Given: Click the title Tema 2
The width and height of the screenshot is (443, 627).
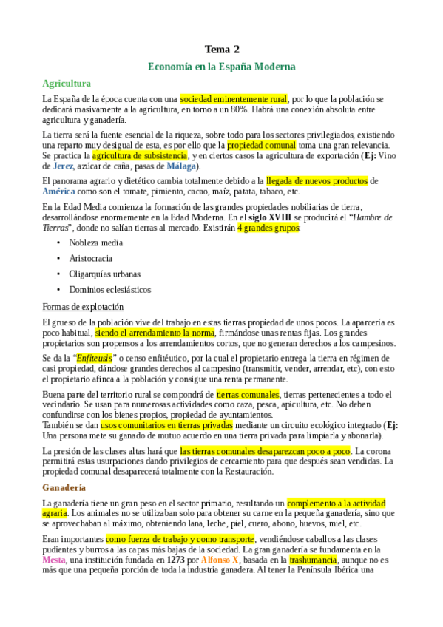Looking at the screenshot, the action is pos(222,50).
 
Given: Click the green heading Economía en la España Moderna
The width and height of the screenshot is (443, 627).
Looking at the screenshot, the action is pos(222,67).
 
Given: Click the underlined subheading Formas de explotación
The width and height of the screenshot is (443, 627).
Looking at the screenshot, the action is pos(83,306).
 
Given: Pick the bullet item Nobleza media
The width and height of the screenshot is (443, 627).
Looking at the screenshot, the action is pos(96,242).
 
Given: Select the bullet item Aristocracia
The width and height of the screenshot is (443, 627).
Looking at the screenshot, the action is pos(91,258).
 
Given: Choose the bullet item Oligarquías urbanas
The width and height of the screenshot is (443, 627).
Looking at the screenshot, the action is pos(104,274).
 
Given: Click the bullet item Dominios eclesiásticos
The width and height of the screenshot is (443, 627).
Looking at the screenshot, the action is pos(109,290).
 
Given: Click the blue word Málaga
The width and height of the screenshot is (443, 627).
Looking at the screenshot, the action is pos(160,166).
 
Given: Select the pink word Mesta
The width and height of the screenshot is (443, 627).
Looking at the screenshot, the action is pos(55,560).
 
